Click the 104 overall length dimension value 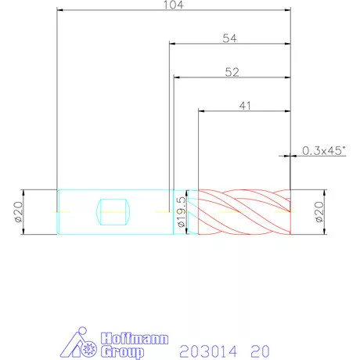click(174, 5)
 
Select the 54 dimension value click(230, 38)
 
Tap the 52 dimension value click(232, 72)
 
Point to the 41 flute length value click(245, 106)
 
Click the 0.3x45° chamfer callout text click(324, 151)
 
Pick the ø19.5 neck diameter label click(182, 212)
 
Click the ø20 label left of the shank click(19, 212)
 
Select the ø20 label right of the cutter click(319, 212)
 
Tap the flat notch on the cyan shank click(113, 212)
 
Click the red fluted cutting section click(244, 212)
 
